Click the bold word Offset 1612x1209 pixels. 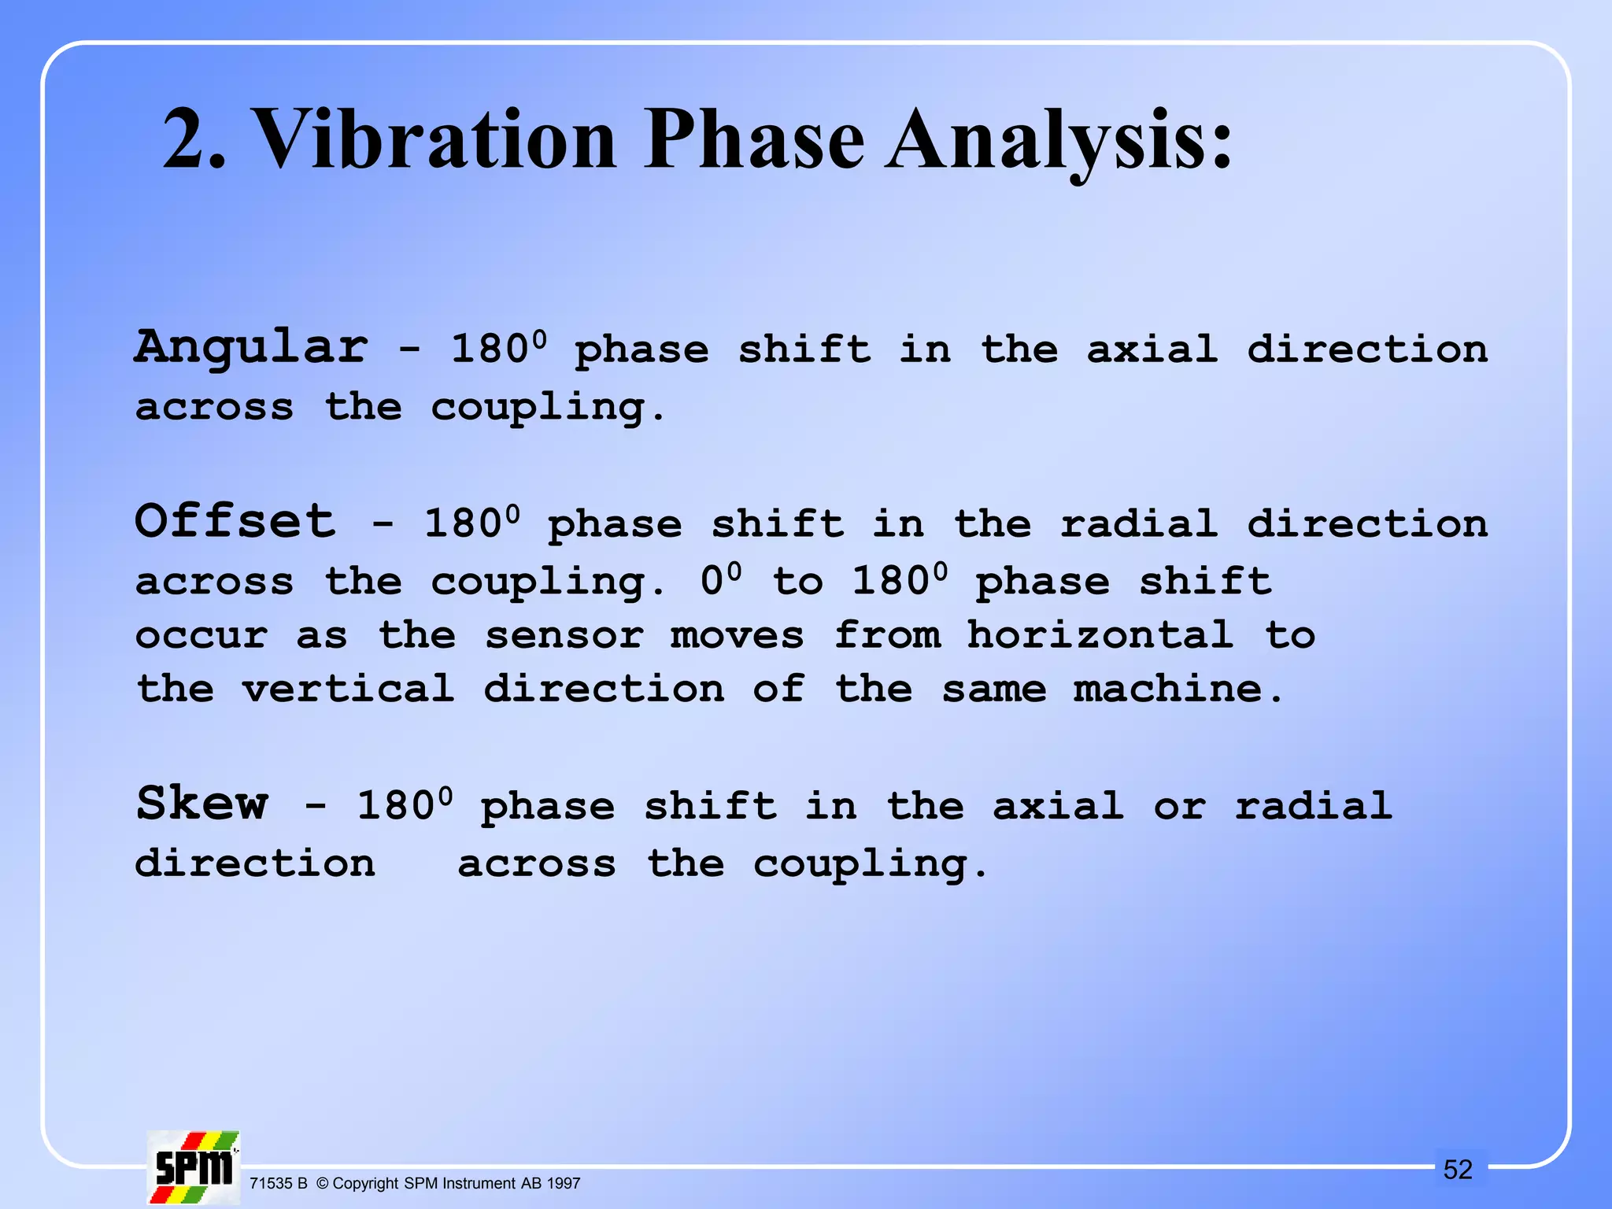coord(235,521)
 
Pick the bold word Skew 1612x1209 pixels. coord(202,803)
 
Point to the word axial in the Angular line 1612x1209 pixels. coord(1152,349)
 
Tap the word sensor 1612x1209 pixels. coord(564,635)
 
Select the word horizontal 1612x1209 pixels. coord(1100,634)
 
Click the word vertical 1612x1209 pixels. coord(349,689)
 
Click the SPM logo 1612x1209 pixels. coord(193,1168)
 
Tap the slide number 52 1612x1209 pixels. coord(1457,1170)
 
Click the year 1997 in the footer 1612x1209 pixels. coord(563,1183)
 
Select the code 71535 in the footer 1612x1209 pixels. coord(271,1183)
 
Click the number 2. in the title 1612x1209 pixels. coord(194,139)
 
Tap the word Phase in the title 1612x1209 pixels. coord(754,139)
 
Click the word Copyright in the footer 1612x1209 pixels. coord(366,1183)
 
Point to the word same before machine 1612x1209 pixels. coord(994,689)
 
